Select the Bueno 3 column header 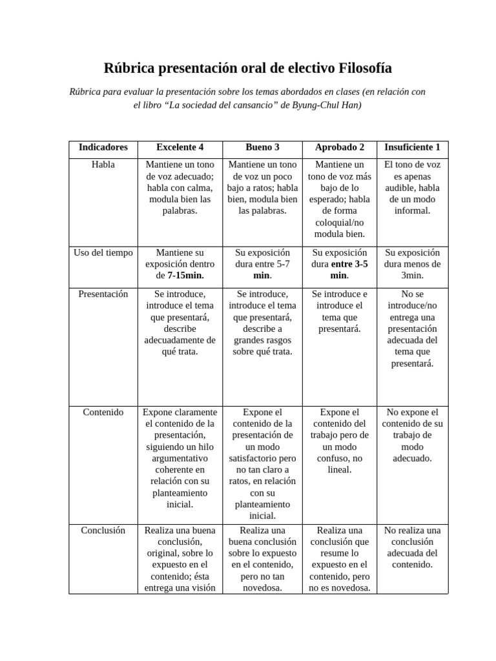point(262,147)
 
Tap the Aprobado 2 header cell point(340,147)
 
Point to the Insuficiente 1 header point(412,147)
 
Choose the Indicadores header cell point(103,147)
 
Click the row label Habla point(103,165)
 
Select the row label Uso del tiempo point(103,252)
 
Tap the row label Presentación point(103,294)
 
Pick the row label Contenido point(103,412)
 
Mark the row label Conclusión point(103,530)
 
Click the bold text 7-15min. point(185,276)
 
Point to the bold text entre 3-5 point(349,264)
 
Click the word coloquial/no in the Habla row point(340,223)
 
